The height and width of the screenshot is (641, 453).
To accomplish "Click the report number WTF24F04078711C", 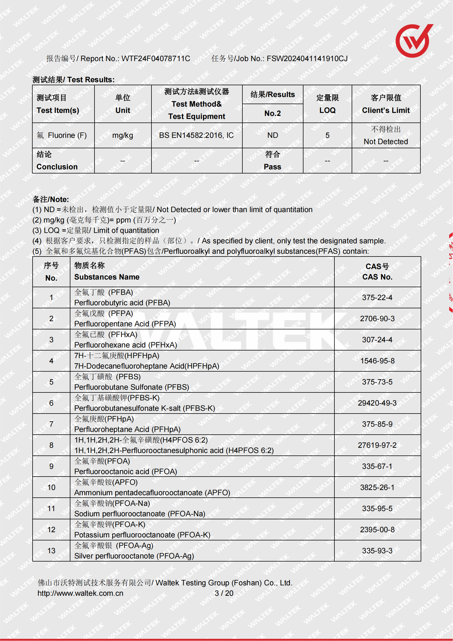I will pyautogui.click(x=156, y=59).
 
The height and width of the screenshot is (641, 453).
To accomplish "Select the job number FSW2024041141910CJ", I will pyautogui.click(x=307, y=59).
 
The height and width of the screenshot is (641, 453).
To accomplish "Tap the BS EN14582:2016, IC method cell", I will pyautogui.click(x=196, y=135).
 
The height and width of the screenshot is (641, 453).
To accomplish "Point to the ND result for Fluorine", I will pyautogui.click(x=273, y=135).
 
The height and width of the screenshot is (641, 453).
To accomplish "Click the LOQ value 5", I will pyautogui.click(x=328, y=135).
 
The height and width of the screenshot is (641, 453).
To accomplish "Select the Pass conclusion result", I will pyautogui.click(x=273, y=167).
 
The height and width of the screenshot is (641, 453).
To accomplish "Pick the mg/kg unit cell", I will pyautogui.click(x=123, y=135).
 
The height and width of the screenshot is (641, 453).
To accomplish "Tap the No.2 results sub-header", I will pyautogui.click(x=273, y=113).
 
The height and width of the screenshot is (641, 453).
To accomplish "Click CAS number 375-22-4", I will pyautogui.click(x=377, y=298).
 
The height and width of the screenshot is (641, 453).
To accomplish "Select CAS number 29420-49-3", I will pyautogui.click(x=377, y=403).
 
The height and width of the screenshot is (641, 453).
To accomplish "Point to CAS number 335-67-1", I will pyautogui.click(x=377, y=466).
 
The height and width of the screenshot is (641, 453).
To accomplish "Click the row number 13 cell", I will pyautogui.click(x=51, y=551).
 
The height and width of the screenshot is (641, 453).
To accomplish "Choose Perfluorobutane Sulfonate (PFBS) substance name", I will pyautogui.click(x=132, y=387).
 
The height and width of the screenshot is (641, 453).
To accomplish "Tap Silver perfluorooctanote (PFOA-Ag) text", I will pyautogui.click(x=134, y=556).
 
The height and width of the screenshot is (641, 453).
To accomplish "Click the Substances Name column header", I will pyautogui.click(x=107, y=277).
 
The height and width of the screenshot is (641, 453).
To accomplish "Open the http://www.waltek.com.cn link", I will pyautogui.click(x=80, y=593).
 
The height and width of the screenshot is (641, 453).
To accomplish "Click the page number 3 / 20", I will pyautogui.click(x=224, y=593).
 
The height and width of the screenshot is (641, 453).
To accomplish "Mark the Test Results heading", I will pyautogui.click(x=74, y=80).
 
